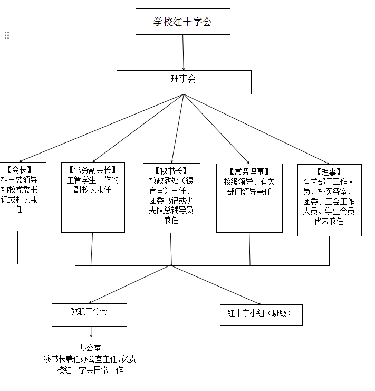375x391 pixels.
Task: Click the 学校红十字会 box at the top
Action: click(182, 22)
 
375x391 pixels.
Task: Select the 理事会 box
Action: click(183, 80)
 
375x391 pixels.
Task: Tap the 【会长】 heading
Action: click(20, 170)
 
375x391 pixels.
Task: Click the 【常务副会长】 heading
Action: click(92, 170)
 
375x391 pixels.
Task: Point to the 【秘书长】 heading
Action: click(171, 170)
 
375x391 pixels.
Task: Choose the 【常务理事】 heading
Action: click(249, 171)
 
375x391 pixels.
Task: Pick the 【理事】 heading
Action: click(329, 172)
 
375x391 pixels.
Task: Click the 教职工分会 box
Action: click(89, 311)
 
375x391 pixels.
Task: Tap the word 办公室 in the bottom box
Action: click(90, 348)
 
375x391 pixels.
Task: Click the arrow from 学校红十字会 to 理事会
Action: click(183, 53)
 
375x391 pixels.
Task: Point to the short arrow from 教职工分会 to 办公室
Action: click(91, 332)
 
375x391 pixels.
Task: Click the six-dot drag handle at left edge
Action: click(7, 35)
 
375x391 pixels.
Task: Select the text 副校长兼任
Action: click(92, 189)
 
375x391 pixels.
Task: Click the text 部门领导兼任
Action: click(249, 192)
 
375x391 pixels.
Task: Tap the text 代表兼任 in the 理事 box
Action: click(329, 222)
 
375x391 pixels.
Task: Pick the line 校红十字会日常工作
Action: click(90, 370)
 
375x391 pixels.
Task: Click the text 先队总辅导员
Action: click(171, 210)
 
